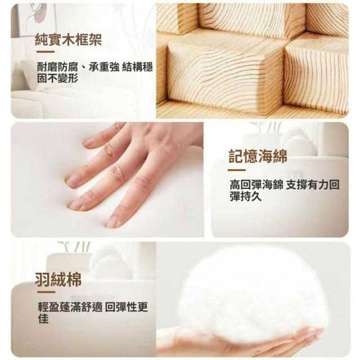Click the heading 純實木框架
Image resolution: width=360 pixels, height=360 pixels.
[x=68, y=40]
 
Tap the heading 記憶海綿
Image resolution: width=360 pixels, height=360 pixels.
[x=258, y=156]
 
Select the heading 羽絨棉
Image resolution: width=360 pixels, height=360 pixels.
[x=58, y=279]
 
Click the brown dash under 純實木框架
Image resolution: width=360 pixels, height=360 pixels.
[x=46, y=52]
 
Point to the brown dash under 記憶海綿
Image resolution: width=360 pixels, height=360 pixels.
[x=236, y=170]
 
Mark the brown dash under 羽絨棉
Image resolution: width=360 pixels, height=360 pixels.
[x=46, y=292]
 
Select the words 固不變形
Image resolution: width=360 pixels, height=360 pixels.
[x=58, y=78]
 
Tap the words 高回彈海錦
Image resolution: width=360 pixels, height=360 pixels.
[x=256, y=185]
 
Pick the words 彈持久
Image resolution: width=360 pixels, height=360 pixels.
[x=246, y=196]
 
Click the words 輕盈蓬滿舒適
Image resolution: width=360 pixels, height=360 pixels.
[x=70, y=307]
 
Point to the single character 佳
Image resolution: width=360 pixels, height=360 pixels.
[x=43, y=319]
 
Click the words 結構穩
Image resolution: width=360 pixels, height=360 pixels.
[x=137, y=67]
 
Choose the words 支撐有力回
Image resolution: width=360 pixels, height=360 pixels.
[x=313, y=185]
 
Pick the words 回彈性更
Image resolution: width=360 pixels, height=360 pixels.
[x=126, y=307]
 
